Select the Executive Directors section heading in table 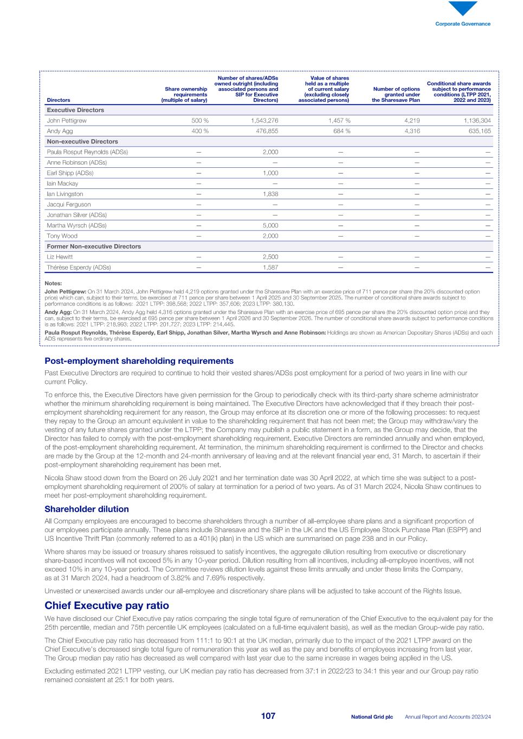75,110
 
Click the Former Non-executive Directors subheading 94,246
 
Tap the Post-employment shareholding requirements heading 139,361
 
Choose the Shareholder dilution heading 87,509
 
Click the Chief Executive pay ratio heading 107,605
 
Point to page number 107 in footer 268,716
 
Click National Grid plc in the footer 372,717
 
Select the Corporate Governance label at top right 463,24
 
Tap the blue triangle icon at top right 463,8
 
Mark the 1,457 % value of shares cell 337,121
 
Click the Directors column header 59,100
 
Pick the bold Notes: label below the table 53,283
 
